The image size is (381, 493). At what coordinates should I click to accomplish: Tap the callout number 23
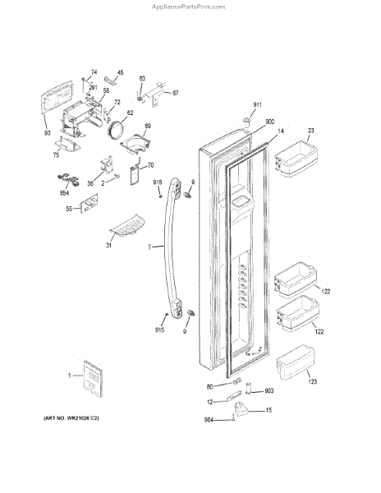pyautogui.click(x=311, y=131)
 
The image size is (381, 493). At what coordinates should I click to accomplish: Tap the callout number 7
pyautogui.click(x=149, y=246)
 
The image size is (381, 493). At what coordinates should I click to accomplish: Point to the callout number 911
pyautogui.click(x=258, y=105)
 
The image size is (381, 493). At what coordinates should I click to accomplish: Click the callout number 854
pyautogui.click(x=64, y=194)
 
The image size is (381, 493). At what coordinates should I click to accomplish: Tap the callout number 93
pyautogui.click(x=47, y=133)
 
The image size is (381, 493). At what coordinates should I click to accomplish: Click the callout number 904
pyautogui.click(x=209, y=421)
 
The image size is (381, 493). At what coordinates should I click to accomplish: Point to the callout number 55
pyautogui.click(x=69, y=210)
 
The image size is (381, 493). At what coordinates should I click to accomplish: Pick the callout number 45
pyautogui.click(x=120, y=72)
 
